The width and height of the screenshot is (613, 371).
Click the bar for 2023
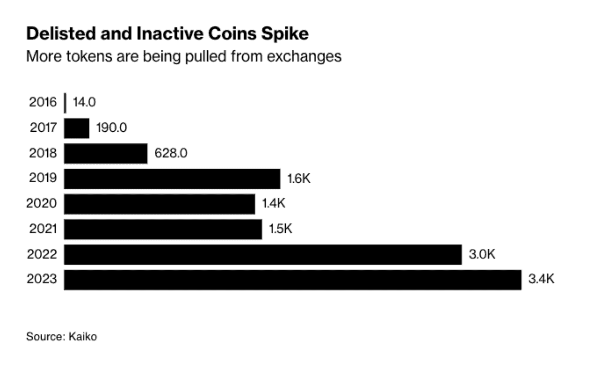(x=292, y=280)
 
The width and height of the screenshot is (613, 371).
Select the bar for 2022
(x=263, y=254)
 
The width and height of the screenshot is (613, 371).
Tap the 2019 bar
(x=172, y=179)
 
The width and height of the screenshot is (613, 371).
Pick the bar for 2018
(x=106, y=154)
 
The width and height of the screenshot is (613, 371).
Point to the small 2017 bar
(x=77, y=128)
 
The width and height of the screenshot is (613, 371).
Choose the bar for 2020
(x=160, y=204)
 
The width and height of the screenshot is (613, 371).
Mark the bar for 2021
(x=163, y=229)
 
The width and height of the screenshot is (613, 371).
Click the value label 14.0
(x=84, y=102)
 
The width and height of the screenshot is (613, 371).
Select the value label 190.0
(x=111, y=128)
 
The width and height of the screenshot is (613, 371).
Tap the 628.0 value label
(x=171, y=153)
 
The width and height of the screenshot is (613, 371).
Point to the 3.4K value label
(x=541, y=279)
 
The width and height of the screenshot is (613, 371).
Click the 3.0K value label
(x=482, y=254)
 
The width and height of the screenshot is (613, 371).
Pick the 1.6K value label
(x=299, y=178)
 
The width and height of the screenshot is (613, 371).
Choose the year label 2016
(x=43, y=102)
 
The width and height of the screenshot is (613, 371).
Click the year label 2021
(x=43, y=229)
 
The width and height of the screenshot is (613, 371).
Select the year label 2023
(x=42, y=279)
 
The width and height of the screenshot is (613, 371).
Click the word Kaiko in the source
(x=82, y=337)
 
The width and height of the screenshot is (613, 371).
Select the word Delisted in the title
(x=61, y=34)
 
